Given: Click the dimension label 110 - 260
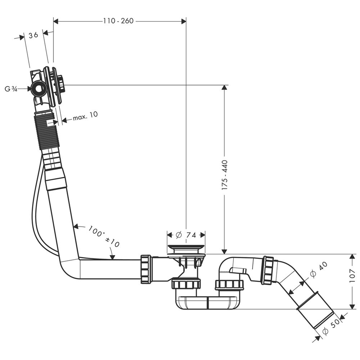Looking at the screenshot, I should click(x=118, y=21).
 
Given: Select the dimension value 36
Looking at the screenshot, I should click(x=33, y=35).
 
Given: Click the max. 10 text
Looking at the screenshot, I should click(x=85, y=116).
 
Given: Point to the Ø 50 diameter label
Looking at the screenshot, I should click(x=330, y=328).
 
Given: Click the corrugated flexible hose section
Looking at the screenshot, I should click(x=47, y=130).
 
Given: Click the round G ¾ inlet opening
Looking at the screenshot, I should click(x=38, y=88).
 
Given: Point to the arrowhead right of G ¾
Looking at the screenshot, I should click(x=28, y=89).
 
